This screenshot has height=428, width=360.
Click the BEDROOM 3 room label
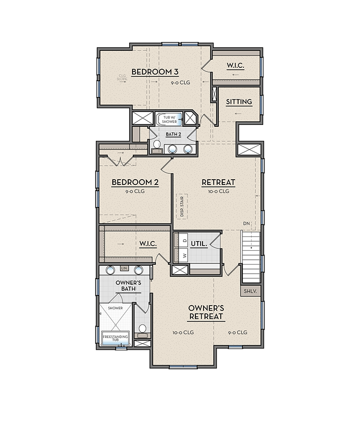click(x=155, y=72)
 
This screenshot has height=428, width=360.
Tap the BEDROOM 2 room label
click(x=135, y=183)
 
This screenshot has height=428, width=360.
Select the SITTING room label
click(x=239, y=102)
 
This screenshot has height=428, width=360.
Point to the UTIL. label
click(x=199, y=244)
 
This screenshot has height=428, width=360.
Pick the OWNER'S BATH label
click(x=128, y=286)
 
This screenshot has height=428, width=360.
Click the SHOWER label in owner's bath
click(x=115, y=308)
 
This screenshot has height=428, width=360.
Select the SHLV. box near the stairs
click(x=250, y=291)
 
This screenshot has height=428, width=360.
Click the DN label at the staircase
click(x=246, y=224)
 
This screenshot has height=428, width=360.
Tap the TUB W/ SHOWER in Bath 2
click(x=170, y=120)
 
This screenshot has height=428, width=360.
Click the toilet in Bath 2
click(x=156, y=145)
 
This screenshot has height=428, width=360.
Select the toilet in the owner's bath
click(x=142, y=329)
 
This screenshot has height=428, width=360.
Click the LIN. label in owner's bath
click(x=124, y=268)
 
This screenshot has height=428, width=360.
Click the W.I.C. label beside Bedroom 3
click(x=235, y=65)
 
